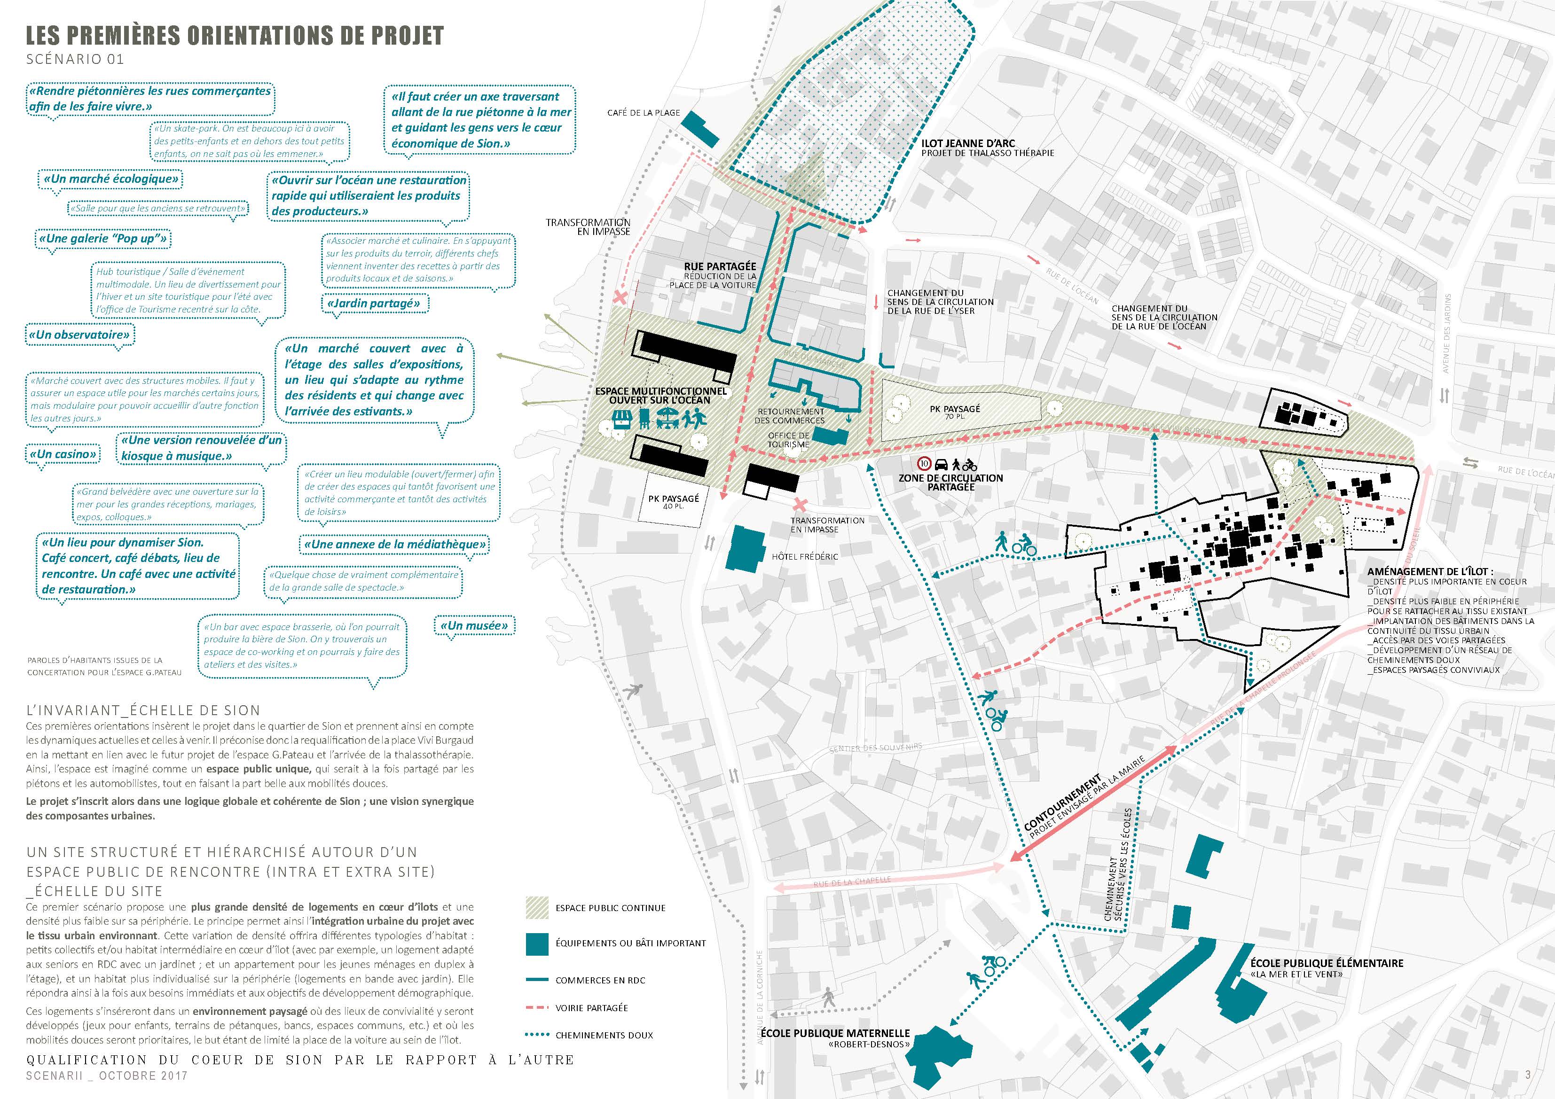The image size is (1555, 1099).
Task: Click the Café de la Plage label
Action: coord(644,112)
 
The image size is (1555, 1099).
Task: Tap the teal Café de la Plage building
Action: coord(699,129)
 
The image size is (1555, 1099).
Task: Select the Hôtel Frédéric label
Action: coord(805,557)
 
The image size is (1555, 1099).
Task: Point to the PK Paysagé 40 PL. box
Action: coord(673,502)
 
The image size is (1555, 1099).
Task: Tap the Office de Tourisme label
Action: coord(788,440)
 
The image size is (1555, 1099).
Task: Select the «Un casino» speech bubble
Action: coord(63,454)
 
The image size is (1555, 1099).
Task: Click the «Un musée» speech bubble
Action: coord(474,626)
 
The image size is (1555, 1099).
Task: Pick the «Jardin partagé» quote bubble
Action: coord(373,304)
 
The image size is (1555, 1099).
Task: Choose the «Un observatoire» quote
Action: coord(79,335)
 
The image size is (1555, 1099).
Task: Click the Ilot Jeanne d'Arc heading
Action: coord(968,144)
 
